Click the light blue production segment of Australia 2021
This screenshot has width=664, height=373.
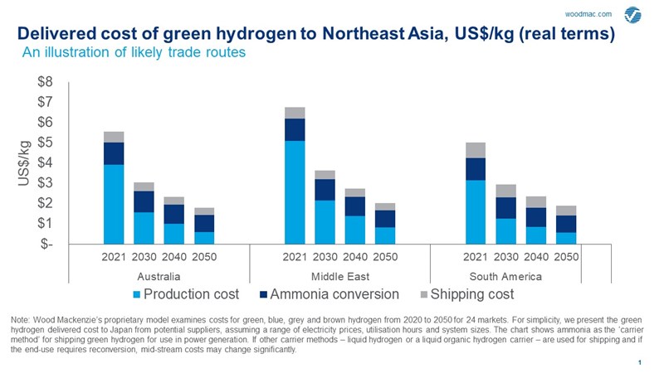pyautogui.click(x=114, y=204)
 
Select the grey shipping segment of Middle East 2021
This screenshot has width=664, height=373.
pyautogui.click(x=295, y=113)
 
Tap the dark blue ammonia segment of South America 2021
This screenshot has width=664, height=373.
pyautogui.click(x=476, y=169)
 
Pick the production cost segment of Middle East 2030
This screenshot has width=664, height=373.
pyautogui.click(x=325, y=222)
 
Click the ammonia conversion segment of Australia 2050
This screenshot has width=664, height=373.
pyautogui.click(x=204, y=223)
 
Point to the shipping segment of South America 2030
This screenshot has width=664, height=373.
pyautogui.click(x=505, y=191)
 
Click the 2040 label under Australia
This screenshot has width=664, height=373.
pyautogui.click(x=173, y=256)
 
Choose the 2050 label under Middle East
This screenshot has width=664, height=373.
pyautogui.click(x=385, y=256)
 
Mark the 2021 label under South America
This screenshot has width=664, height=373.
pyautogui.click(x=476, y=256)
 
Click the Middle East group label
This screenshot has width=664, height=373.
pyautogui.click(x=340, y=274)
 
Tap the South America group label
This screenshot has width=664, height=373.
pyautogui.click(x=505, y=274)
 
